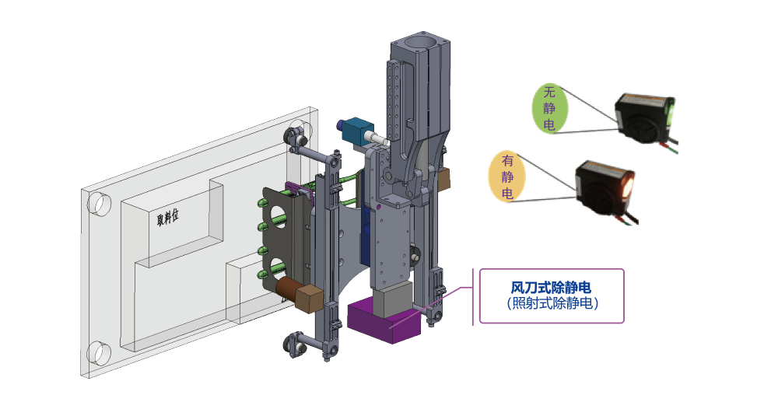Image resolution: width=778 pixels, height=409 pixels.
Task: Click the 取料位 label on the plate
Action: [167, 217]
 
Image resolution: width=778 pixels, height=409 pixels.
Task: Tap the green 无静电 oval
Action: [549, 108]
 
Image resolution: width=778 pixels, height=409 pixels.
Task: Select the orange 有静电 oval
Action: [507, 177]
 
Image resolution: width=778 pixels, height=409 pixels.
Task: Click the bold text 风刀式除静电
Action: [551, 288]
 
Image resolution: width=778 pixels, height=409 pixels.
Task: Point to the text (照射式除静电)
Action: [552, 303]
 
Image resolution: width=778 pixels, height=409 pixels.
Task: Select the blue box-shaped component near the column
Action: [355, 130]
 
